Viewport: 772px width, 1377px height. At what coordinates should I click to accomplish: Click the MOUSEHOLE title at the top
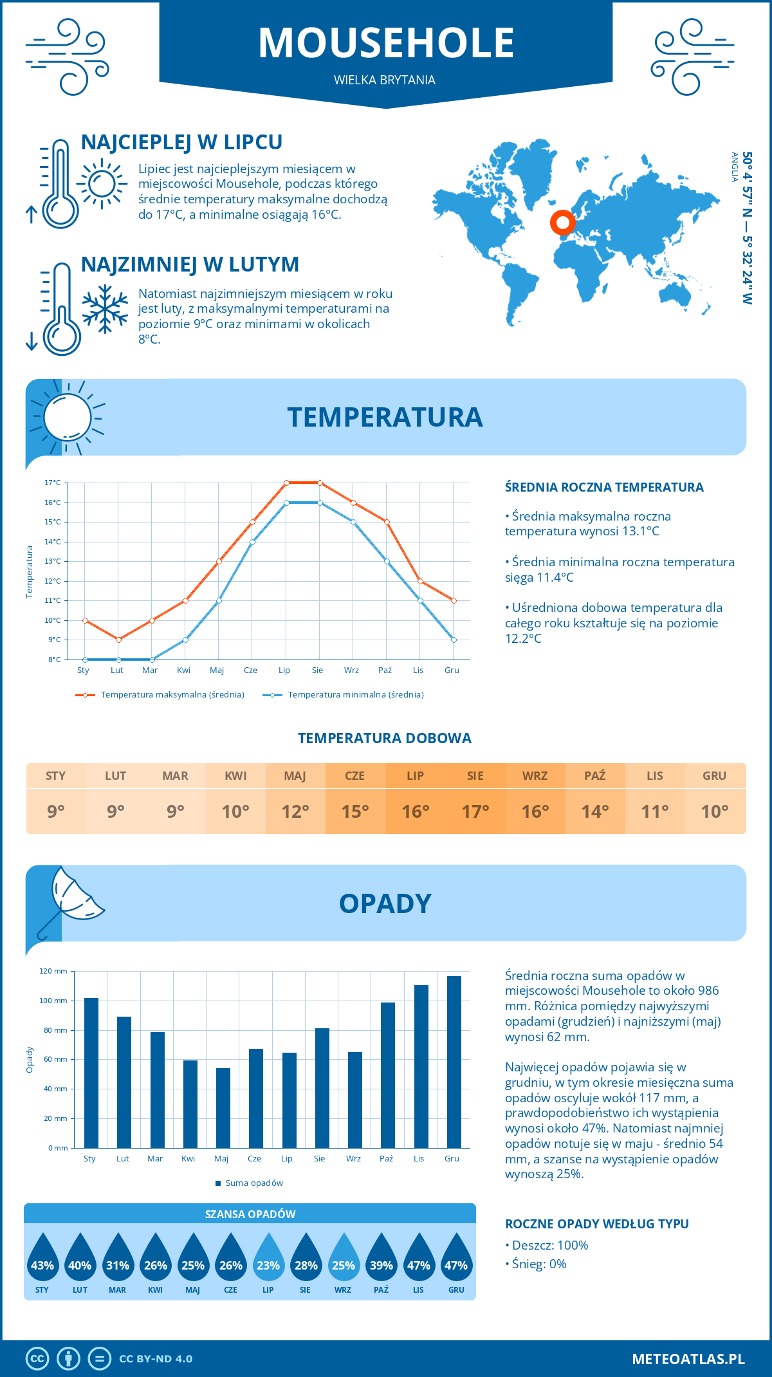(x=386, y=43)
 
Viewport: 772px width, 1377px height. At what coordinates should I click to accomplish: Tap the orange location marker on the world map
(x=562, y=223)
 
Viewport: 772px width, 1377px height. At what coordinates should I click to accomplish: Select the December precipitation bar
(x=454, y=1062)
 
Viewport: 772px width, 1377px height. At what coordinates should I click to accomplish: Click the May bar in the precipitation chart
(x=223, y=1107)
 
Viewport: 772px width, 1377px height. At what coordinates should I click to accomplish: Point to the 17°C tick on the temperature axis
(x=53, y=483)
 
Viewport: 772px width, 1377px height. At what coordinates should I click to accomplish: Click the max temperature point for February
(x=118, y=640)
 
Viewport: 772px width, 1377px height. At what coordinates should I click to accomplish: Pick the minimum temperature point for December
(x=454, y=640)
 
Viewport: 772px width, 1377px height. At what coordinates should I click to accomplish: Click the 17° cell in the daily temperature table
(x=475, y=811)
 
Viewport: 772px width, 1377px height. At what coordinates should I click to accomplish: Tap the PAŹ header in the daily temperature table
(x=594, y=776)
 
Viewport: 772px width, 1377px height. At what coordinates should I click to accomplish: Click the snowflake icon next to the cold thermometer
(x=105, y=309)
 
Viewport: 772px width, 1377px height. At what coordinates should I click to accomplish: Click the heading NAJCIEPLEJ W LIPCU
(x=181, y=142)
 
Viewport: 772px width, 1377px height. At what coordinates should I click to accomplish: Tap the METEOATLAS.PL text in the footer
(x=688, y=1359)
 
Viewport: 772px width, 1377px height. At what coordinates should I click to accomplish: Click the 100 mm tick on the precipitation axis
(x=53, y=1001)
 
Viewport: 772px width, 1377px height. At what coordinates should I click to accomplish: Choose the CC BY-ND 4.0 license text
(x=156, y=1359)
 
